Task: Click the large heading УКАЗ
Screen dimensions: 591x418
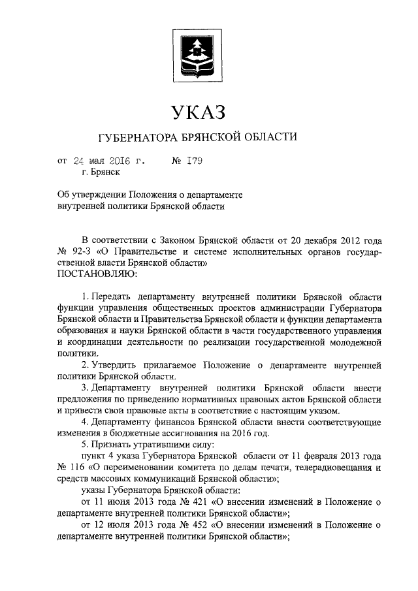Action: pyautogui.click(x=197, y=112)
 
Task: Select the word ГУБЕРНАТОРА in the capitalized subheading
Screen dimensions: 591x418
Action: pyautogui.click(x=136, y=138)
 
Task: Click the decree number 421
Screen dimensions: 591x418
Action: pyautogui.click(x=187, y=502)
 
